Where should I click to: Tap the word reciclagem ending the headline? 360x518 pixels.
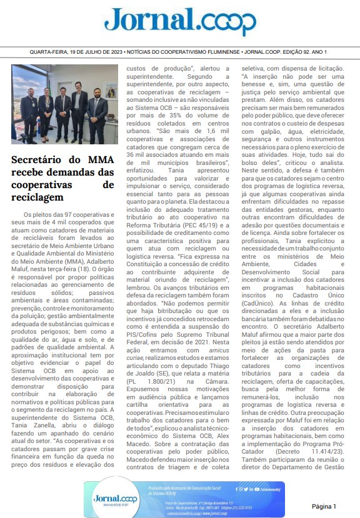pyautogui.click(x=37, y=197)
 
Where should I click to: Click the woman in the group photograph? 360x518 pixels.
pyautogui.click(x=46, y=105)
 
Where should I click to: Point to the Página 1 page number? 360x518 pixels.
pyautogui.click(x=324, y=506)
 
